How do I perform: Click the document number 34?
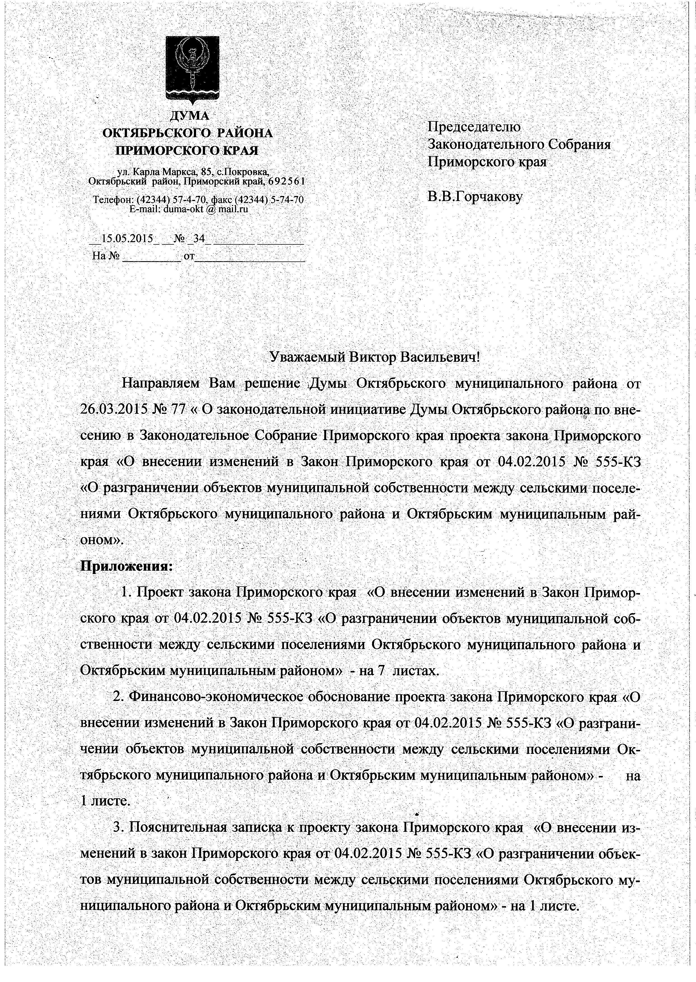coord(199,239)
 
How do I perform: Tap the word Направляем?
coord(161,383)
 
